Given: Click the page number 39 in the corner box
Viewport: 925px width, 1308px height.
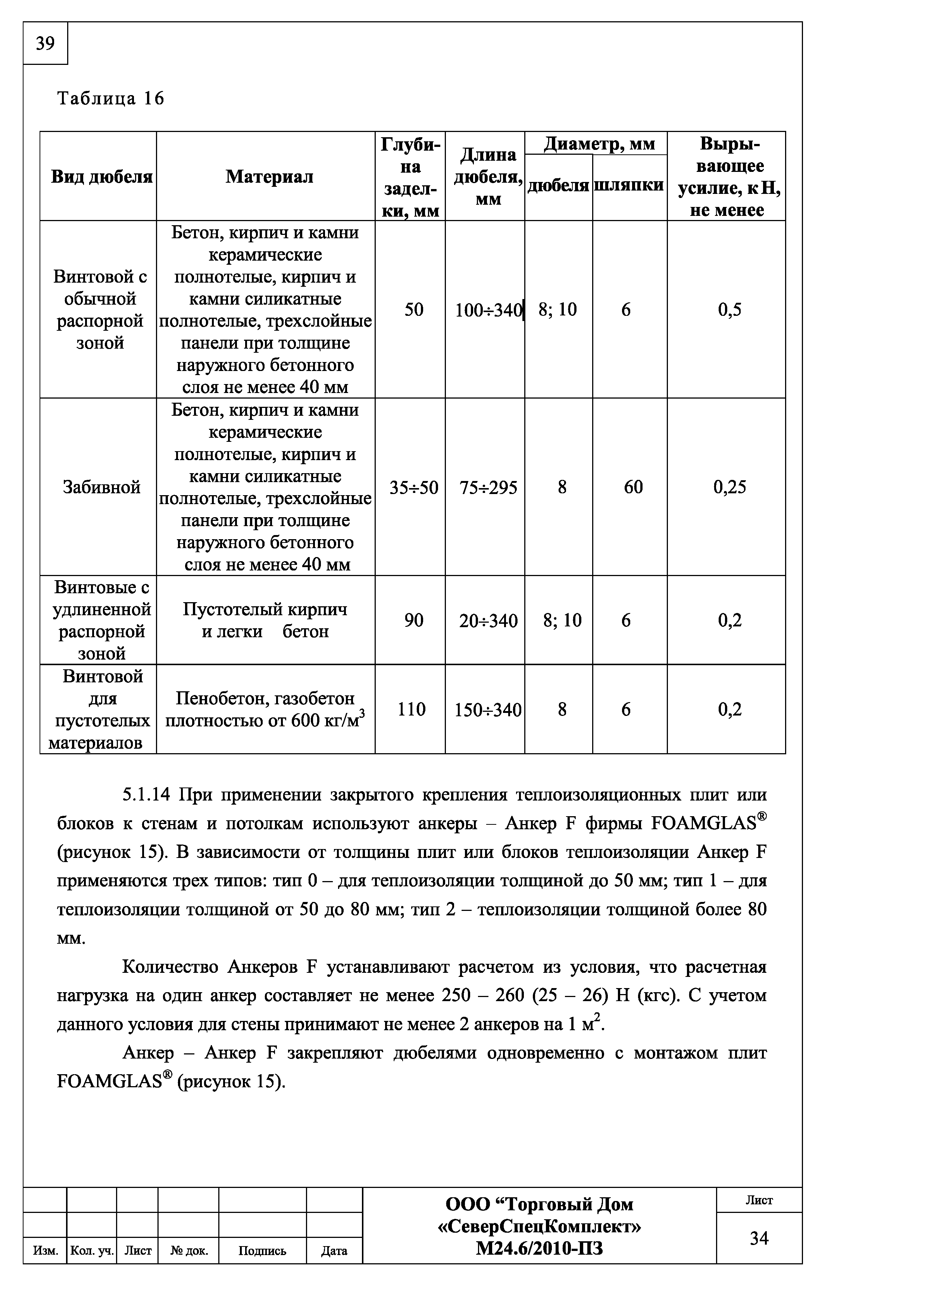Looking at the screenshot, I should pyautogui.click(x=45, y=43).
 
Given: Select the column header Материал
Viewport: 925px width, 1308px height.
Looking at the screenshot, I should pyautogui.click(x=269, y=177).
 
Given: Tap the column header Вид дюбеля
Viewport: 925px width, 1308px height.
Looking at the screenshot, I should pyautogui.click(x=101, y=177).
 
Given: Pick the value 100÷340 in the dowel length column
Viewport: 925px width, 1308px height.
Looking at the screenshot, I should pyautogui.click(x=488, y=310).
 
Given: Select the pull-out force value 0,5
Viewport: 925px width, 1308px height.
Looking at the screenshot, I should pyautogui.click(x=729, y=310).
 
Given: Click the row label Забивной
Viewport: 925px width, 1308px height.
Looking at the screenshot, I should pyautogui.click(x=101, y=487).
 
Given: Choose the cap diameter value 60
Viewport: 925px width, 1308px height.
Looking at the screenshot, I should pyautogui.click(x=632, y=487).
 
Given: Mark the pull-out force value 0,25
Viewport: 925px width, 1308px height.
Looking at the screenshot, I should pyautogui.click(x=729, y=487).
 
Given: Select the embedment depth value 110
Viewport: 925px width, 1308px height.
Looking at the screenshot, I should pyautogui.click(x=412, y=709).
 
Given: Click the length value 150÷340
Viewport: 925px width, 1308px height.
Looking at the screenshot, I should pyautogui.click(x=488, y=710).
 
